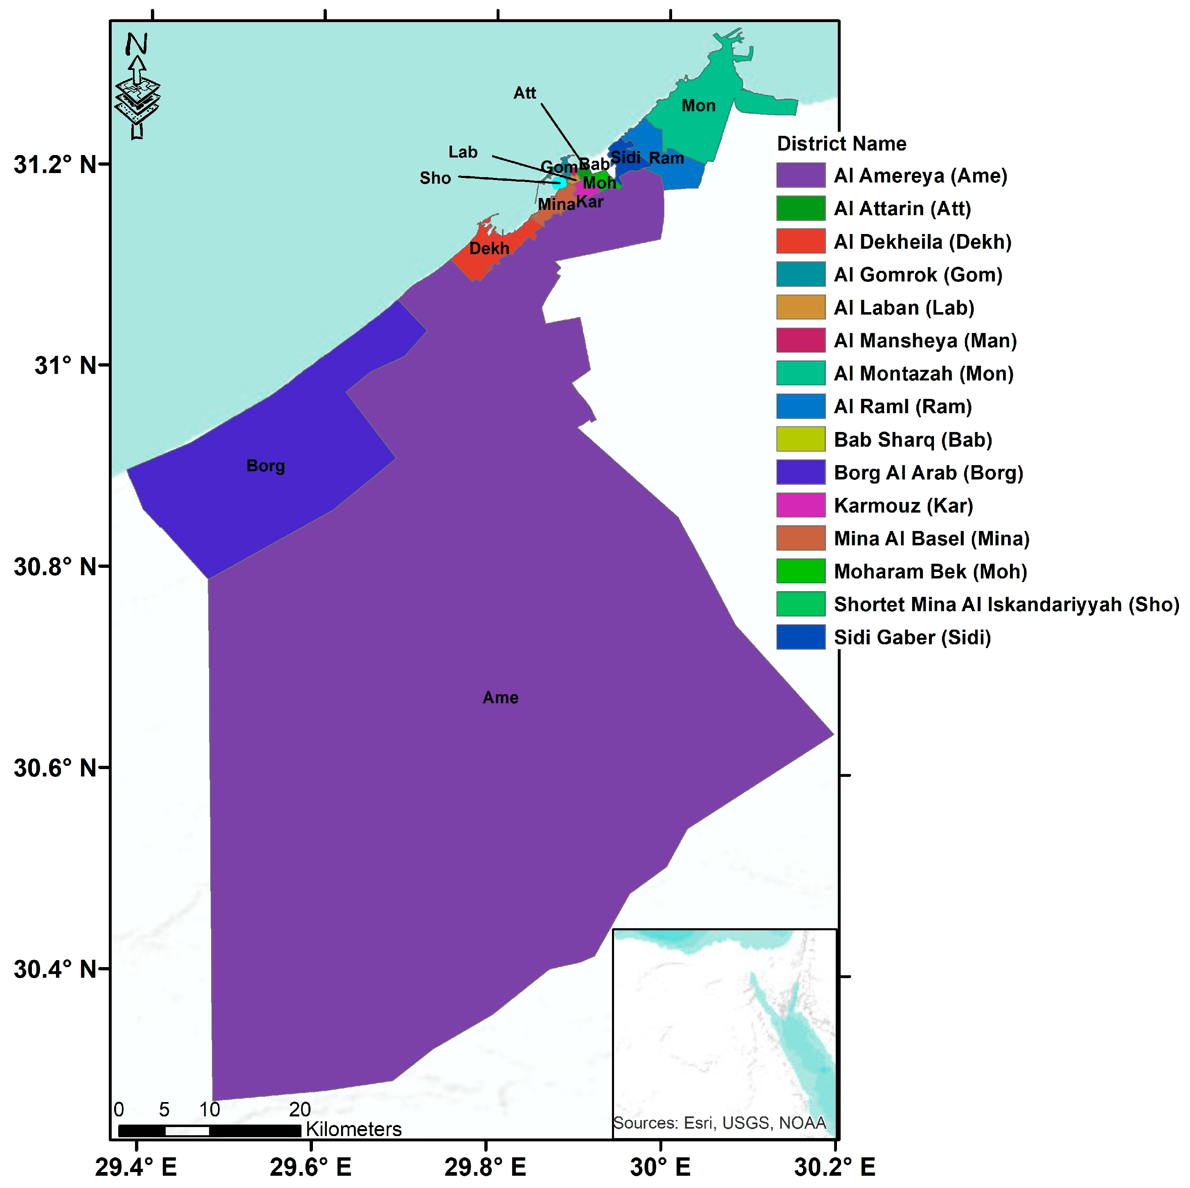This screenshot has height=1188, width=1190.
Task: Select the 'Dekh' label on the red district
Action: coord(489,248)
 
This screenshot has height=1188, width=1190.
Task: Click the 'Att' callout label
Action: coord(525,93)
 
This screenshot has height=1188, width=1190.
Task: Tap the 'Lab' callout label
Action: coord(463,152)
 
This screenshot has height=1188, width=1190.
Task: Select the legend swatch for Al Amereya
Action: coord(800,175)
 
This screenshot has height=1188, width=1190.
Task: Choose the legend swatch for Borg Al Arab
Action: coord(800,473)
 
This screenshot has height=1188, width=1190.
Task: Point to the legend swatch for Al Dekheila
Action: coord(800,241)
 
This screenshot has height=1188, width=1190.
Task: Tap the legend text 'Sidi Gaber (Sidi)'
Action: coord(912,637)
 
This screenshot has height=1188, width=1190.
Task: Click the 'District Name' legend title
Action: coord(841,144)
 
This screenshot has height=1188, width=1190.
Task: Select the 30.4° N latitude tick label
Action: coord(56,969)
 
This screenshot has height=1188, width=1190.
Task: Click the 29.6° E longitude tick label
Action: coord(310,1166)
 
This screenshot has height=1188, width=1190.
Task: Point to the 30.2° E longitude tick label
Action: coord(835,1166)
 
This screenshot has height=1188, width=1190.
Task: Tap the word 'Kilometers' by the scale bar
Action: coord(353,1129)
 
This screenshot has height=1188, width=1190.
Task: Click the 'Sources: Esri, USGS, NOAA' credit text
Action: coord(720,1123)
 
